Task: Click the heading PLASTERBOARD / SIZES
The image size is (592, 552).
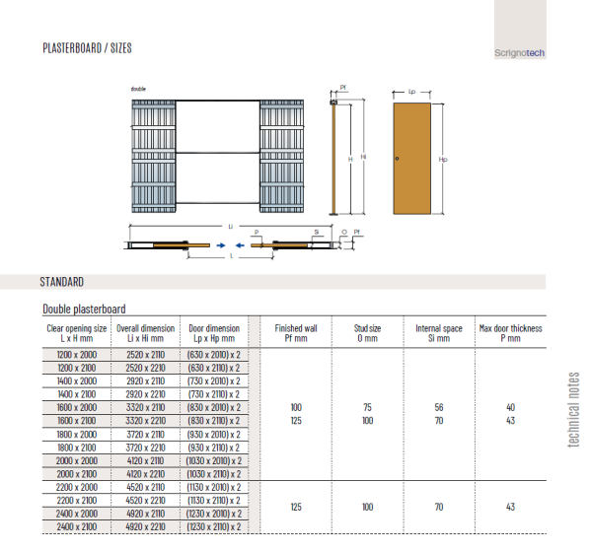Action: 87,47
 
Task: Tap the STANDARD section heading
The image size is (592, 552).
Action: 61,282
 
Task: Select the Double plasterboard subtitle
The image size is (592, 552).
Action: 84,310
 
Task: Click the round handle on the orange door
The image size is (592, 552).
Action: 397,160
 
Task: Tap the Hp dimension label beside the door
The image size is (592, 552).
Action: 443,159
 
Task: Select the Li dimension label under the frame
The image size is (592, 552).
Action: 231,226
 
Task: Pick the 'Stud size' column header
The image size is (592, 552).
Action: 368,333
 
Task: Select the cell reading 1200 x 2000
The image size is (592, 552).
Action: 77,353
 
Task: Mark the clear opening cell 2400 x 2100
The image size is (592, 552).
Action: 77,527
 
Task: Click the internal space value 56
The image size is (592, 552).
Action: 439,406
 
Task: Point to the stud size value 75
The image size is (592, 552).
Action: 368,406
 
